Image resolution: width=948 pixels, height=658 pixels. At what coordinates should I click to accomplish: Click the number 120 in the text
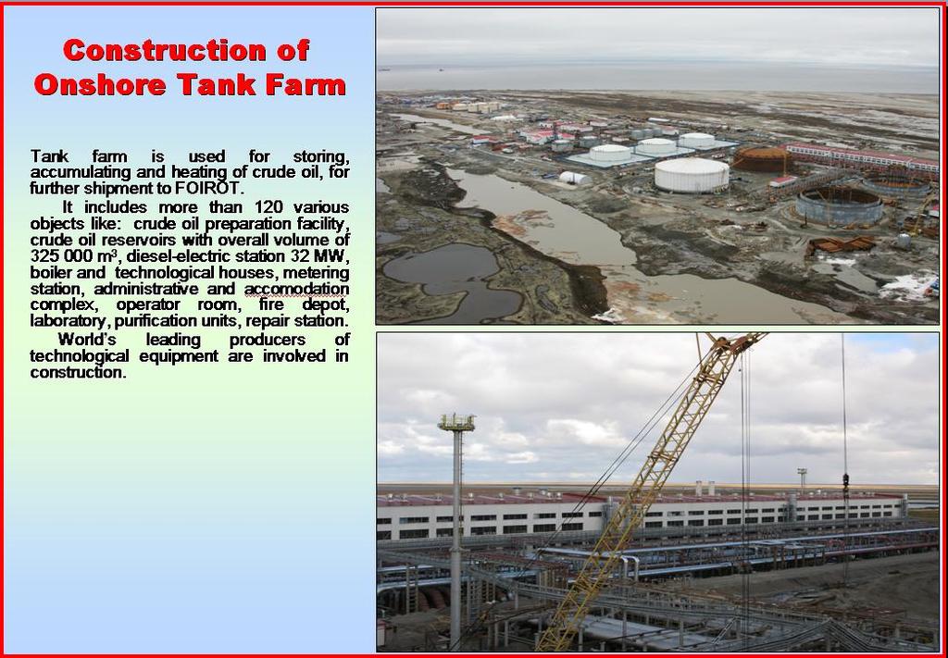tap(272, 207)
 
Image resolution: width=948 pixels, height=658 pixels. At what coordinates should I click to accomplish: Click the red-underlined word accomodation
tap(297, 289)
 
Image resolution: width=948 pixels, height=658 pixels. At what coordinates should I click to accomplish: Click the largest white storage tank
tap(692, 175)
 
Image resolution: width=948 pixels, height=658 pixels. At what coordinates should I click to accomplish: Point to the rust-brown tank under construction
tap(762, 159)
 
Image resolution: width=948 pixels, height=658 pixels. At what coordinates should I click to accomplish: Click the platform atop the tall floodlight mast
tap(456, 422)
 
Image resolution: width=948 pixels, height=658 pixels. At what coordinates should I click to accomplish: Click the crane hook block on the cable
tap(845, 481)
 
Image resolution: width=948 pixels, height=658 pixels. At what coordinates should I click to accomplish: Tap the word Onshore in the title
tap(100, 84)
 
